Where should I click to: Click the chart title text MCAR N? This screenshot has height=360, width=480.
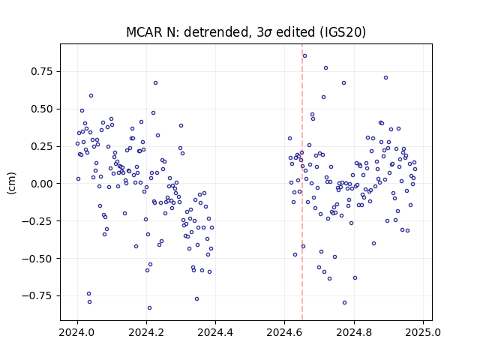[x=153, y=32]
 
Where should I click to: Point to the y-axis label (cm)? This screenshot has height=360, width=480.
[x=12, y=183]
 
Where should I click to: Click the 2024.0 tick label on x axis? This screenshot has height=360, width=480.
[x=77, y=332]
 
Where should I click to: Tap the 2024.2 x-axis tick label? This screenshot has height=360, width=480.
[x=147, y=332]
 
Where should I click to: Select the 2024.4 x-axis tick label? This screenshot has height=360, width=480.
[x=215, y=332]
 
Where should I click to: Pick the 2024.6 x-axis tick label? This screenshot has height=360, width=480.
[x=285, y=332]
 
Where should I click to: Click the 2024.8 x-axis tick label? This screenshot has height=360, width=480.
[x=354, y=332]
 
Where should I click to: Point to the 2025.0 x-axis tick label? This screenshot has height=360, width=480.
[x=423, y=332]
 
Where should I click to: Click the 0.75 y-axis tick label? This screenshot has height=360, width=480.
[x=42, y=72]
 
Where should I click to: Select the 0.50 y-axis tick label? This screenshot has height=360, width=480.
[x=42, y=109]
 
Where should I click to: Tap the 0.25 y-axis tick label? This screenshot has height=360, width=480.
[x=42, y=146]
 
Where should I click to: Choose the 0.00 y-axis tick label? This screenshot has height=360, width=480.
[x=42, y=184]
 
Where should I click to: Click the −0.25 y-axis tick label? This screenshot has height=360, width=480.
[x=37, y=221]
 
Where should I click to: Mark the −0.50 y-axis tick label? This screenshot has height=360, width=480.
[x=37, y=258]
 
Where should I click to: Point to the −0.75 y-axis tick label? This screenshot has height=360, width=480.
[x=37, y=295]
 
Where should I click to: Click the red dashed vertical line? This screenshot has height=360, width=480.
[x=302, y=182]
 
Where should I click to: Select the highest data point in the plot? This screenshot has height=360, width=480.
[x=304, y=56]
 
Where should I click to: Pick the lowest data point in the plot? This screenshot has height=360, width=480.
[x=149, y=308]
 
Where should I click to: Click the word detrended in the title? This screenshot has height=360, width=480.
[x=215, y=32]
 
